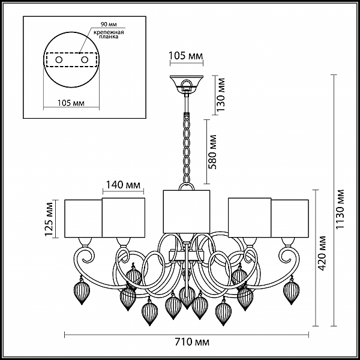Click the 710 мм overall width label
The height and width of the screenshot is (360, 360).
[x=192, y=342]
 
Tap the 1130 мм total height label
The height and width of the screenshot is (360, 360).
[x=340, y=209]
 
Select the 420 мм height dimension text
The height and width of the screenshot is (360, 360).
[x=322, y=253]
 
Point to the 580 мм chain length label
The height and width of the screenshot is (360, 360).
[x=212, y=152]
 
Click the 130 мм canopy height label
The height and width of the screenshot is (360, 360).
[x=221, y=95]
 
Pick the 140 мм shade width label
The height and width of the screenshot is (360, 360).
[x=123, y=185]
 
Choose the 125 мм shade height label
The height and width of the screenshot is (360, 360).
[x=49, y=219]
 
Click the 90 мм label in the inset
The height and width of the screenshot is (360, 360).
[x=109, y=24]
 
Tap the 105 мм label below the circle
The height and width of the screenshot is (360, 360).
[x=71, y=103]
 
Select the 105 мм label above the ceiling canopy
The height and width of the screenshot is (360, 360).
[x=186, y=56]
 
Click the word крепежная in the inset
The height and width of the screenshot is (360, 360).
[x=109, y=32]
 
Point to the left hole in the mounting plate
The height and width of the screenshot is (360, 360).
[x=59, y=60]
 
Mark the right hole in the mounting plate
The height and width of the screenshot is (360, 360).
[x=85, y=60]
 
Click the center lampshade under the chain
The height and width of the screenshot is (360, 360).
[x=187, y=211]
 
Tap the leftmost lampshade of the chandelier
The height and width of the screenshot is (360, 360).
[x=83, y=218]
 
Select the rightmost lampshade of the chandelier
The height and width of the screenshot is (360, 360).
[x=290, y=218]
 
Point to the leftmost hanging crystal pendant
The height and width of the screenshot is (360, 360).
[x=82, y=291]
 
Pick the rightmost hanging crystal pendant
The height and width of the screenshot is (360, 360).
[x=292, y=291]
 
